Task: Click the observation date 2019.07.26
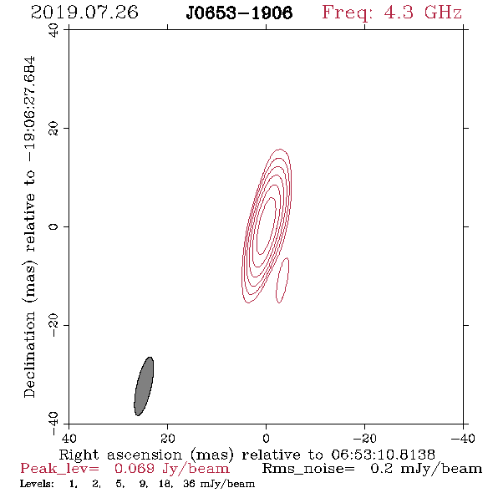(84, 13)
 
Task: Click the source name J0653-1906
(239, 13)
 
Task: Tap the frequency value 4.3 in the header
(399, 13)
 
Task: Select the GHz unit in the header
(443, 13)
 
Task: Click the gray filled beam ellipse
(144, 386)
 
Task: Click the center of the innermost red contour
(267, 226)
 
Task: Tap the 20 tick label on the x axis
(167, 438)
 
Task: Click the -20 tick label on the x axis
(364, 438)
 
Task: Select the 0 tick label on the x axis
(266, 438)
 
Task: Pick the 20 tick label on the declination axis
(53, 129)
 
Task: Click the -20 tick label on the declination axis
(53, 325)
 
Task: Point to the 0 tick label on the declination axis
(53, 226)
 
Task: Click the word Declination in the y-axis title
(29, 355)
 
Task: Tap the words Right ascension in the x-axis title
(120, 455)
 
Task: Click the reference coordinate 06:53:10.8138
(384, 455)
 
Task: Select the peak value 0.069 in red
(135, 469)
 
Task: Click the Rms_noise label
(308, 469)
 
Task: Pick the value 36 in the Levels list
(189, 484)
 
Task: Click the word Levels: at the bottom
(37, 484)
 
